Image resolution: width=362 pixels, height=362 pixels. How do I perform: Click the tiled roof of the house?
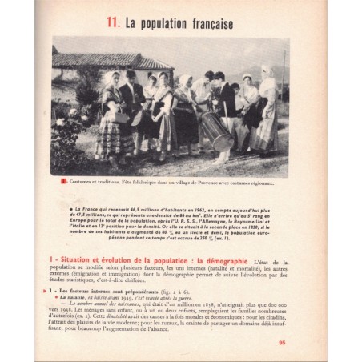click(112, 60)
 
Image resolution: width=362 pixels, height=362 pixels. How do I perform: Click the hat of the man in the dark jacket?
click(131, 73)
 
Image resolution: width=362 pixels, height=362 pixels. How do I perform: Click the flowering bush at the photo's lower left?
click(67, 144)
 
